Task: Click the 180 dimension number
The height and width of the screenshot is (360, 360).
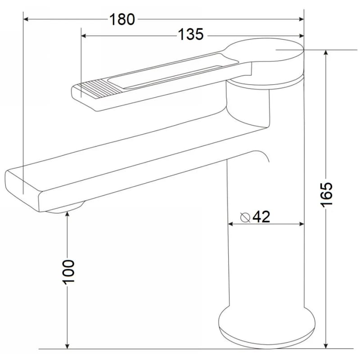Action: [x=122, y=19]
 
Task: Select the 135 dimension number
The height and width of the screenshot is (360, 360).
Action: [x=191, y=35]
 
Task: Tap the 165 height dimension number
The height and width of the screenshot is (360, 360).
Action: [x=326, y=195]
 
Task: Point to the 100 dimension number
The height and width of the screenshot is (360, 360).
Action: [x=68, y=272]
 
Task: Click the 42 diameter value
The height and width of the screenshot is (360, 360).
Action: [x=261, y=216]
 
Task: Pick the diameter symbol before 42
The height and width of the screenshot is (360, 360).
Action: [x=245, y=217]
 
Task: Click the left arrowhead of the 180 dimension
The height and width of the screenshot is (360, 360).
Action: [x=26, y=19]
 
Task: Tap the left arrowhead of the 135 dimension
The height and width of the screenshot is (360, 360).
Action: [x=84, y=36]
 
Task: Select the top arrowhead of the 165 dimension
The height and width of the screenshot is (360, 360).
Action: [x=325, y=52]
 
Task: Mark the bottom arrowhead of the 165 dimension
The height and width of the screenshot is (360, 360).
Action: [x=325, y=346]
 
